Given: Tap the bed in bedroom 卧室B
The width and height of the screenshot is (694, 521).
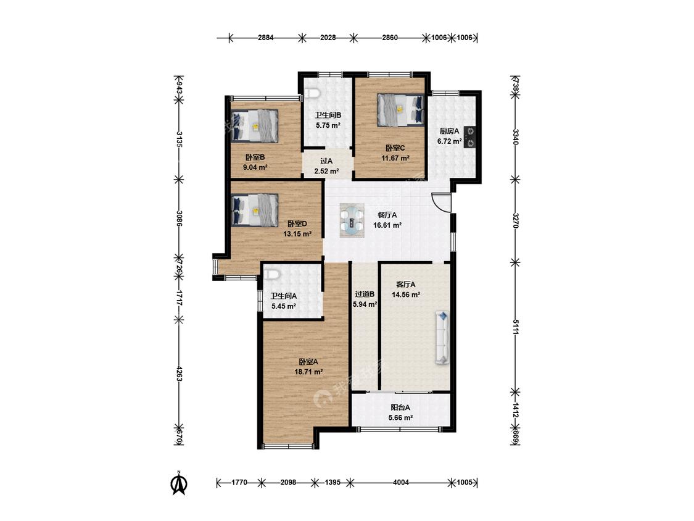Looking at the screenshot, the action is point(255,126).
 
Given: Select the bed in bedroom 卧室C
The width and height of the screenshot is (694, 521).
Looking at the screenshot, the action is point(400,109).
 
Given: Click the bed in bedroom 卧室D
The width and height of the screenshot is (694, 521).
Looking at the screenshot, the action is point(255,210).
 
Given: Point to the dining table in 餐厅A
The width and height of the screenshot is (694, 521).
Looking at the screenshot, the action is point(352,219).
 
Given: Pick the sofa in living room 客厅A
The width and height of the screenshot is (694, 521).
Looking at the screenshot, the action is point(443,338).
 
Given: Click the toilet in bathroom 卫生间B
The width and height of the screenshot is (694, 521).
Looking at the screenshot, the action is point(313,93).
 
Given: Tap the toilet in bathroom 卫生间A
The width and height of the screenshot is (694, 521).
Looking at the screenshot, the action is point(271,275).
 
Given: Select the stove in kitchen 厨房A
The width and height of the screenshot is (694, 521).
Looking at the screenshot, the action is point(469,137).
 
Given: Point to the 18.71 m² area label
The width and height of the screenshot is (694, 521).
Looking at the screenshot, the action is point(308,372).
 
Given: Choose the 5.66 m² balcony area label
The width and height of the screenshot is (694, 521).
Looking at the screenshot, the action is point(400,417).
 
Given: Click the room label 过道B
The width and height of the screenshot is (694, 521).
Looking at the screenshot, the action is point(365,294).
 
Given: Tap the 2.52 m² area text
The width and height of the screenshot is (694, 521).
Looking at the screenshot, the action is point(326,171).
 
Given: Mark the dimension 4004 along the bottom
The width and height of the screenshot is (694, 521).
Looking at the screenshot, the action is point(401,483).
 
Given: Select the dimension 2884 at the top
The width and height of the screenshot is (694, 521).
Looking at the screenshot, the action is point(265,38).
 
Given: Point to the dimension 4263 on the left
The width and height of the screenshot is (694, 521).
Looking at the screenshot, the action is point(180,374).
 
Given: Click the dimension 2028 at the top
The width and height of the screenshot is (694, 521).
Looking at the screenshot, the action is point(328,38).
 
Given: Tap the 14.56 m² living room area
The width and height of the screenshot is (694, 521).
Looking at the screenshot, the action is point(406,294).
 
